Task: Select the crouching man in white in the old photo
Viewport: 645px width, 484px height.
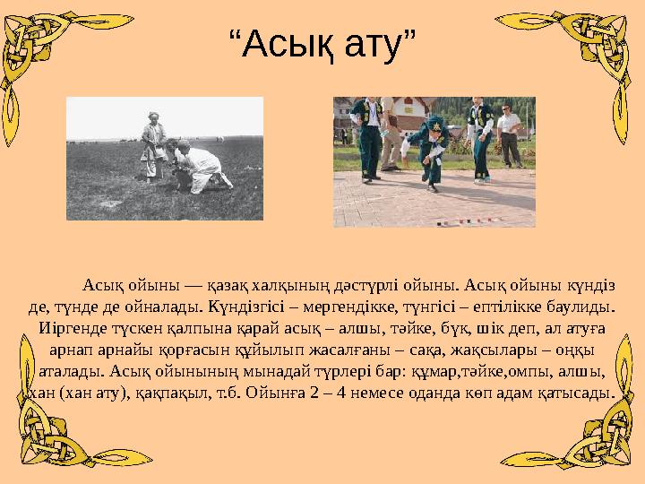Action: (x=202, y=166)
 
